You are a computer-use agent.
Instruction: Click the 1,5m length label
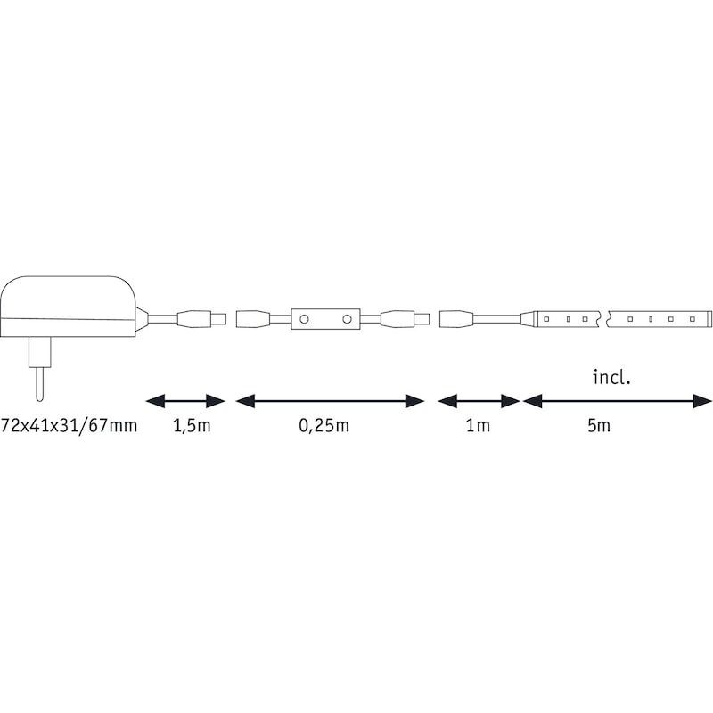pos(192,426)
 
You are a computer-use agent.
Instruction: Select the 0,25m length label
pos(324,426)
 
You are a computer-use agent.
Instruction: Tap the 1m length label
pos(479,426)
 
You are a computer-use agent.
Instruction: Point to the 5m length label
pos(599,426)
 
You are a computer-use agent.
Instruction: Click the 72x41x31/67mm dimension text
pos(70,426)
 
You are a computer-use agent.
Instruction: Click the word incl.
pos(611,377)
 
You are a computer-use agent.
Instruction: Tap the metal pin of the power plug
pos(40,384)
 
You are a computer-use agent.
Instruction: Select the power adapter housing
pos(69,307)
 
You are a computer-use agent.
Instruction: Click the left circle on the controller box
pos(304,319)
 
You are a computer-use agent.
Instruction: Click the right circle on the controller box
pos(347,319)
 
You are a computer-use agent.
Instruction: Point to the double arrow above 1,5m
pos(185,401)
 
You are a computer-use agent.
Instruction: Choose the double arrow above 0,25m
pos(330,401)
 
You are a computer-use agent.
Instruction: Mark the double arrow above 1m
pos(479,401)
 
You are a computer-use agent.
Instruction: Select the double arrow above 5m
pos(617,401)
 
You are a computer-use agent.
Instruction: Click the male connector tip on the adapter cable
pos(219,319)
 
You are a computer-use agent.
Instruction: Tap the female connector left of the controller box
pos(254,319)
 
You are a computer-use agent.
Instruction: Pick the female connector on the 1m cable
pos(457,319)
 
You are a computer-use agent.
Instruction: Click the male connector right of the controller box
pos(405,319)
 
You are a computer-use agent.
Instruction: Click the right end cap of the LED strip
pos(708,319)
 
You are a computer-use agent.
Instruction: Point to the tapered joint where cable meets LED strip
pos(529,319)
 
